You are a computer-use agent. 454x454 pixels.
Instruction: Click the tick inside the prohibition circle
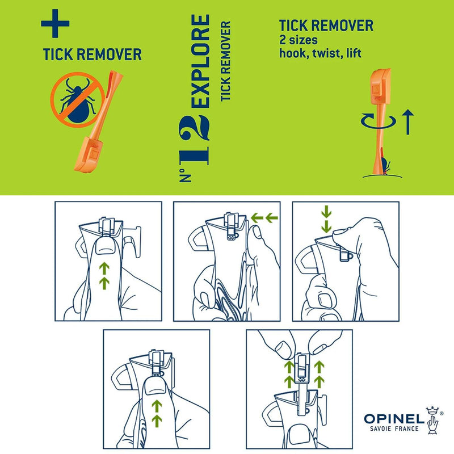click(75, 100)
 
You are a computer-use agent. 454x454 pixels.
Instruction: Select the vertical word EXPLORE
click(201, 62)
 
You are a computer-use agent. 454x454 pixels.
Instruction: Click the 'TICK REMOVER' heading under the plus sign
click(92, 55)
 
